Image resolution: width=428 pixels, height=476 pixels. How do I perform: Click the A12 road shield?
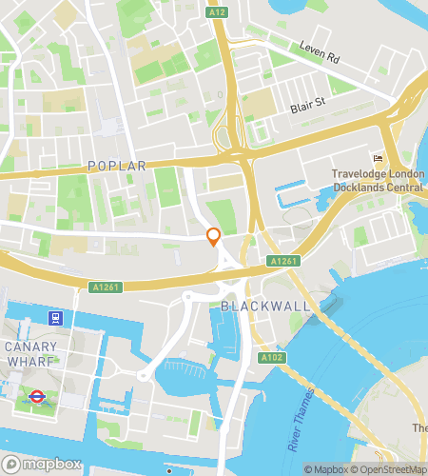(x=218, y=10)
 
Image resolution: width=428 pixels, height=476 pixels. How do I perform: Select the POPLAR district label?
(x=117, y=166)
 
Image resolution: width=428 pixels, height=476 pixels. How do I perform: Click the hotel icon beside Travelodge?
(x=378, y=158)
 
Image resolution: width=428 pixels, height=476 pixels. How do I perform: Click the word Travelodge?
(x=360, y=174)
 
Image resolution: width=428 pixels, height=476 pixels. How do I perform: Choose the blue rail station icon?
(x=57, y=318)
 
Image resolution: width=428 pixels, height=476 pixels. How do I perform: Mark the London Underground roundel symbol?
(x=37, y=396)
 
